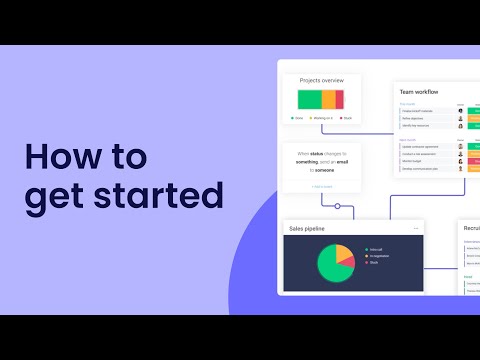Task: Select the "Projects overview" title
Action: tap(321, 80)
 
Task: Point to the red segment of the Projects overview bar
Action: tap(339, 99)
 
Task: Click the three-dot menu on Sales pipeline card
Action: tap(415, 228)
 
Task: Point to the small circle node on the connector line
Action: tap(338, 206)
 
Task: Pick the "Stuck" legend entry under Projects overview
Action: tap(346, 118)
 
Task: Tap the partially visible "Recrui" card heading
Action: tap(471, 228)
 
